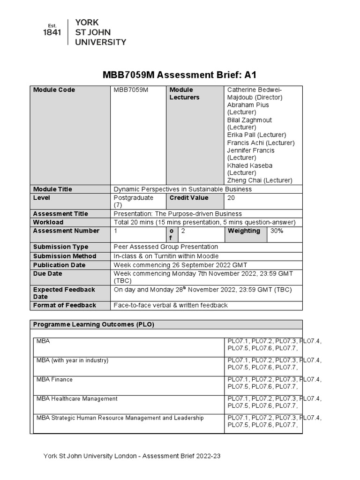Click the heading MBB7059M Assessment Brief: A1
click(x=180, y=75)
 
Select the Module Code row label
click(x=54, y=90)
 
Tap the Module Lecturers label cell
click(x=184, y=94)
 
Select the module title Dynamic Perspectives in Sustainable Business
click(x=182, y=189)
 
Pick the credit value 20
click(x=231, y=198)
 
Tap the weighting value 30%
click(x=277, y=231)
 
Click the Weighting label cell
click(x=244, y=231)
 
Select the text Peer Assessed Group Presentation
click(x=165, y=247)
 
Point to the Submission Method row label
click(x=65, y=256)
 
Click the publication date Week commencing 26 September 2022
click(x=180, y=265)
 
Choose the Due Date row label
click(x=47, y=274)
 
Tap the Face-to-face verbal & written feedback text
click(x=171, y=305)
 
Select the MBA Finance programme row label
click(x=54, y=380)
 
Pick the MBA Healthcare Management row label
click(x=77, y=399)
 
